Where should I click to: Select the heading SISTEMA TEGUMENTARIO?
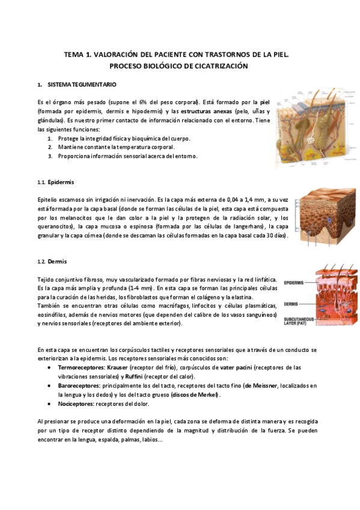point(78,84)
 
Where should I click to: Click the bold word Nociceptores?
point(76,404)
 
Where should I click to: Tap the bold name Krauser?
point(118,367)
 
